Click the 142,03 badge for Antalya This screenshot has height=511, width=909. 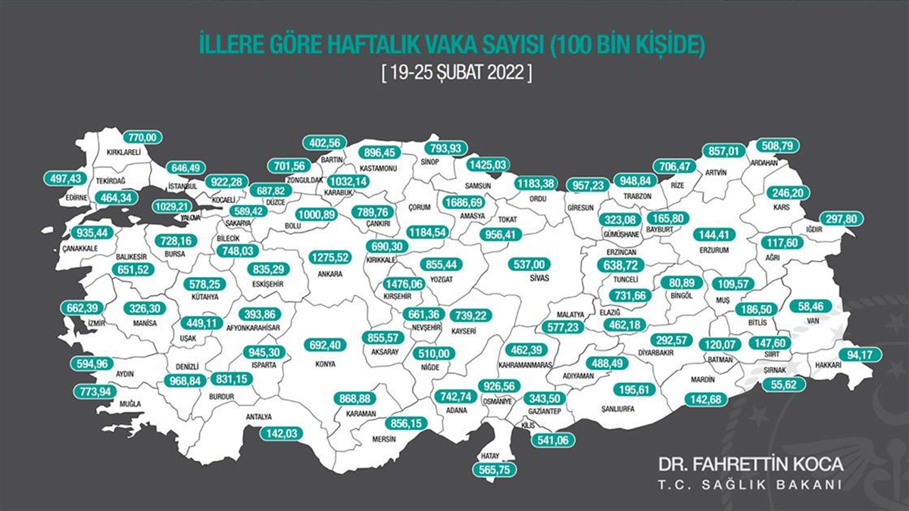tap(280, 434)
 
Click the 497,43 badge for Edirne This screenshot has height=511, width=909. tap(66, 178)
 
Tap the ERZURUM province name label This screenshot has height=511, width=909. tap(717, 249)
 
